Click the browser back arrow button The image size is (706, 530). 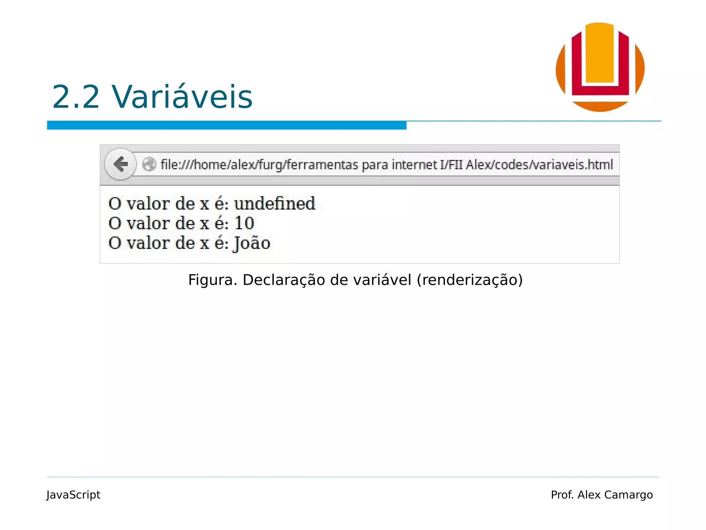coord(120,164)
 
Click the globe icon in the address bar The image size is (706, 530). coord(149,164)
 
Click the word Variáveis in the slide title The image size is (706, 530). coord(182,97)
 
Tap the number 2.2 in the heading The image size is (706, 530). coord(76,97)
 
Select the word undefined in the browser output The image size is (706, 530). coord(275,203)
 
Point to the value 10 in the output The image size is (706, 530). coord(244,223)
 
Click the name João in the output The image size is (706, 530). coord(252,243)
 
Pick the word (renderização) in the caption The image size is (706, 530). coord(470,280)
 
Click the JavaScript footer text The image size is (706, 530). coord(73,495)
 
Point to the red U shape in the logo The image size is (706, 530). coord(576,69)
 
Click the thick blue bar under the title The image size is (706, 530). coord(226,125)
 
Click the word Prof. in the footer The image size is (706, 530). coord(562,495)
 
